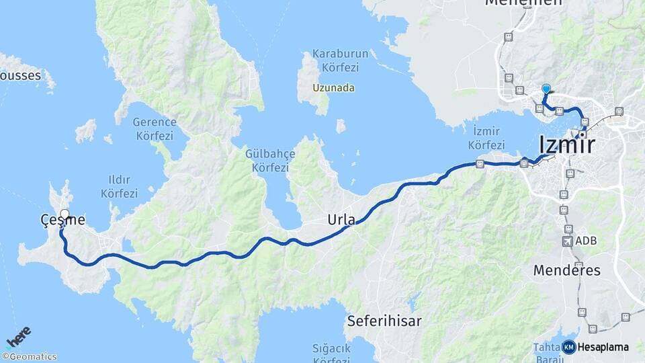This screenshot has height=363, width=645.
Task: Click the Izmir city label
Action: [x=566, y=145]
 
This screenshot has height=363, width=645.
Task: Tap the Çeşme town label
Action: [x=62, y=220]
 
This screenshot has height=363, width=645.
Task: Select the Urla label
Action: [x=341, y=219]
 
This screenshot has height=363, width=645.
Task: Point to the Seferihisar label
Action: [x=384, y=321]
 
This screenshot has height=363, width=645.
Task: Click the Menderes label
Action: [x=566, y=270]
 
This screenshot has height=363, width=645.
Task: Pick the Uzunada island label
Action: [x=334, y=88]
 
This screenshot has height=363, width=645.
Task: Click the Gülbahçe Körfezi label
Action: [x=270, y=160]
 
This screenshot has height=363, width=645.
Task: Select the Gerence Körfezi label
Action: [x=154, y=128]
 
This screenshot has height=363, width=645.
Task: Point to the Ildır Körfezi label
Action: [x=119, y=187]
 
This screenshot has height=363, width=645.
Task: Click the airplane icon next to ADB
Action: [x=568, y=241]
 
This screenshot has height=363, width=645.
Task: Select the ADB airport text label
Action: [x=586, y=241]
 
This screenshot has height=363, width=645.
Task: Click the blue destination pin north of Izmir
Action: [x=546, y=89]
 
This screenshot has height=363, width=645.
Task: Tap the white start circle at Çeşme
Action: [x=64, y=214]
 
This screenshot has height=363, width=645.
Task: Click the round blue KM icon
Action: [x=568, y=347]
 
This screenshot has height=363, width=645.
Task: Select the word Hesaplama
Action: [x=603, y=347]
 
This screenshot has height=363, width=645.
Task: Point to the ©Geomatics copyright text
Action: [x=30, y=357]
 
